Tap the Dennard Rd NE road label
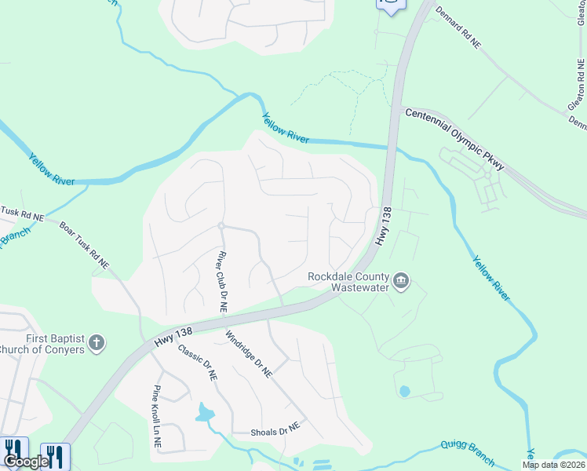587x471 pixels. coord(458,30)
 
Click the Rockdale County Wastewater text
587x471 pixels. coord(348,282)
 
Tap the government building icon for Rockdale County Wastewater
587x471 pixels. coord(401,281)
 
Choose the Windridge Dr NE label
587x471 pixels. coord(248,355)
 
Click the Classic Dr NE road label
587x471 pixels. coord(198,362)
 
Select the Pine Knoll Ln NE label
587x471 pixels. coord(157,416)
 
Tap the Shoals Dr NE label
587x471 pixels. coord(275,431)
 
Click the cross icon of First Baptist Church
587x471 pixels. coord(97,342)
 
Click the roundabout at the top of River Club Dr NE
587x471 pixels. coord(222,226)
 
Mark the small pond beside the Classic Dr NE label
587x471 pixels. coord(205,412)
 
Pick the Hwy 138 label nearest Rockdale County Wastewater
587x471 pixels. coord(383,227)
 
